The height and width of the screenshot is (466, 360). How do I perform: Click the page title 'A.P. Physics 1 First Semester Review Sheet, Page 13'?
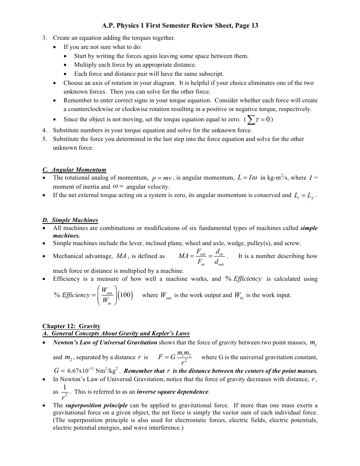pyautogui.click(x=180, y=26)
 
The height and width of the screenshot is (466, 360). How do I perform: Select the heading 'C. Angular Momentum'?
pyautogui.click(x=74, y=169)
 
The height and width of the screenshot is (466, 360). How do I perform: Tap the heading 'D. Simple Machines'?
pyautogui.click(x=70, y=220)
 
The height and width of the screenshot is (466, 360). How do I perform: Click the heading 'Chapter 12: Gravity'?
pyautogui.click(x=71, y=326)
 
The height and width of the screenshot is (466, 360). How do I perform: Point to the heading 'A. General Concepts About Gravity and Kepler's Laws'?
pyautogui.click(x=116, y=333)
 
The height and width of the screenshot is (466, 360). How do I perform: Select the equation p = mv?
pyautogui.click(x=162, y=178)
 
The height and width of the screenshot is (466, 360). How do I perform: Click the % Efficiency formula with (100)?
pyautogui.click(x=93, y=296)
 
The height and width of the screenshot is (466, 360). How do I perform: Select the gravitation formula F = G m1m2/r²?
pyautogui.click(x=175, y=357)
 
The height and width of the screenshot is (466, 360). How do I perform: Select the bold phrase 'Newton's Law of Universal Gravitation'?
pyautogui.click(x=105, y=342)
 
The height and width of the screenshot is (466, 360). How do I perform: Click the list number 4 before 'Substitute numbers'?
pyautogui.click(x=44, y=130)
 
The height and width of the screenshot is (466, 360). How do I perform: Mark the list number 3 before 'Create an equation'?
pyautogui.click(x=44, y=38)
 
